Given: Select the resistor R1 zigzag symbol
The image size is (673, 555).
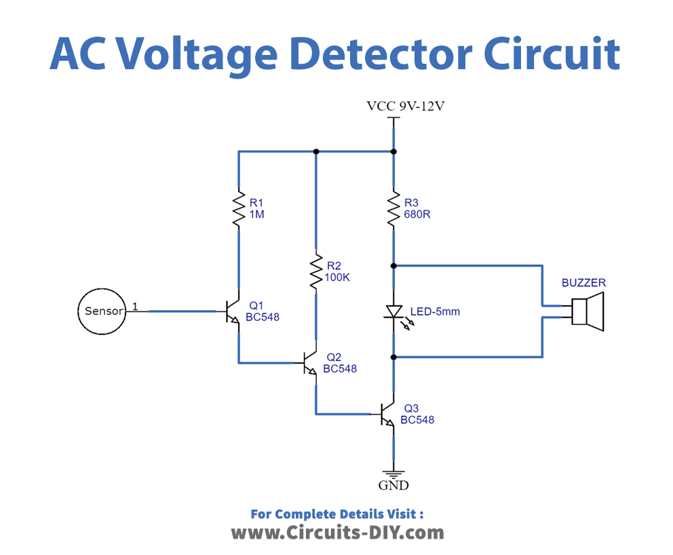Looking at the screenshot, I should coord(239,210).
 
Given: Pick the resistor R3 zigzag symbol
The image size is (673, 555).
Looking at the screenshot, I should coord(393,210).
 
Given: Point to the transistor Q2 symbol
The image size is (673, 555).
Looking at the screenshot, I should coord(310,363).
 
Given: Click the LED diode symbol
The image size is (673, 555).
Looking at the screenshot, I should coord(394,311).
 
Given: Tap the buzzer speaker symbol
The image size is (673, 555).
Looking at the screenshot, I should coord(587,311).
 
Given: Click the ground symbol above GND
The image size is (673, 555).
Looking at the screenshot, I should coord(393,474).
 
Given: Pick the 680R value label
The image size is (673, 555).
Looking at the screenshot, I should coord(417,214).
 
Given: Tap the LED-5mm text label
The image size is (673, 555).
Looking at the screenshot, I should coord(435,312).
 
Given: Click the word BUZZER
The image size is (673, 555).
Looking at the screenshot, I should coord(583,282).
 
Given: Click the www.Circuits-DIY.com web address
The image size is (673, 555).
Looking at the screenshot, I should coord(337,532).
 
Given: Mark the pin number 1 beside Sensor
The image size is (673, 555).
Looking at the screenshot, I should coord(135,307).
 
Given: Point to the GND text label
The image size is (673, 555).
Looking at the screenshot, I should coord(393,485).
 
